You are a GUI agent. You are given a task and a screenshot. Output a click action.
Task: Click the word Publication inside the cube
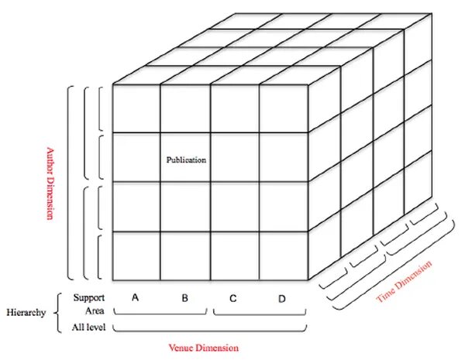pyautogui.click(x=187, y=160)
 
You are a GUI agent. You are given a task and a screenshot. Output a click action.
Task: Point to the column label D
pyautogui.click(x=282, y=298)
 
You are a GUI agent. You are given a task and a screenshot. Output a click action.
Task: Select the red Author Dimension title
pyautogui.click(x=49, y=173)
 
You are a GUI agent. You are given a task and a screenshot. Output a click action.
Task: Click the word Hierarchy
pyautogui.click(x=26, y=313)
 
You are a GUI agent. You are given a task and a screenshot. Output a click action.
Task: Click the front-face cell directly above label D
pyautogui.click(x=283, y=255)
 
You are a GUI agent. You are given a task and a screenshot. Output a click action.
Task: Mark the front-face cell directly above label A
pyautogui.click(x=136, y=255)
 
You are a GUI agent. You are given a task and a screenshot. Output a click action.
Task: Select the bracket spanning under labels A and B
pyautogui.click(x=160, y=314)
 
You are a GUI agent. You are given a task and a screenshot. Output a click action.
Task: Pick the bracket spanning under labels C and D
pyautogui.click(x=260, y=314)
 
